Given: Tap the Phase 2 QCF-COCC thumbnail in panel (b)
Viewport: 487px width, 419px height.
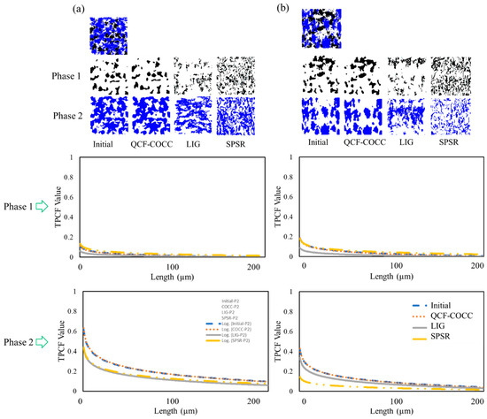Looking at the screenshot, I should [x=363, y=114].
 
